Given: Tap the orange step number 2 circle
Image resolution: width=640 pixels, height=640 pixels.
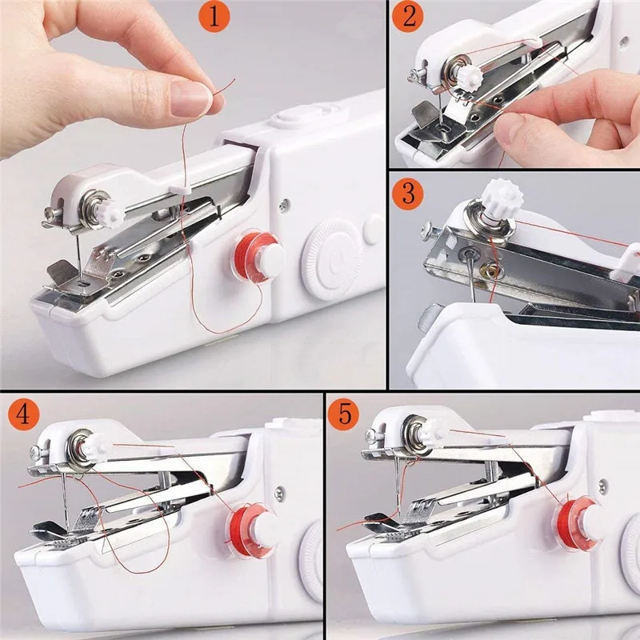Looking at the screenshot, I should tap(410, 18).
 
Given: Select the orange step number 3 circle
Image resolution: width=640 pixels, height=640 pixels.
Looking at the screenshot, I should tap(410, 193).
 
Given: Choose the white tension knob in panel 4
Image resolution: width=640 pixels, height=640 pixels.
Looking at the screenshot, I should tap(98, 442).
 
